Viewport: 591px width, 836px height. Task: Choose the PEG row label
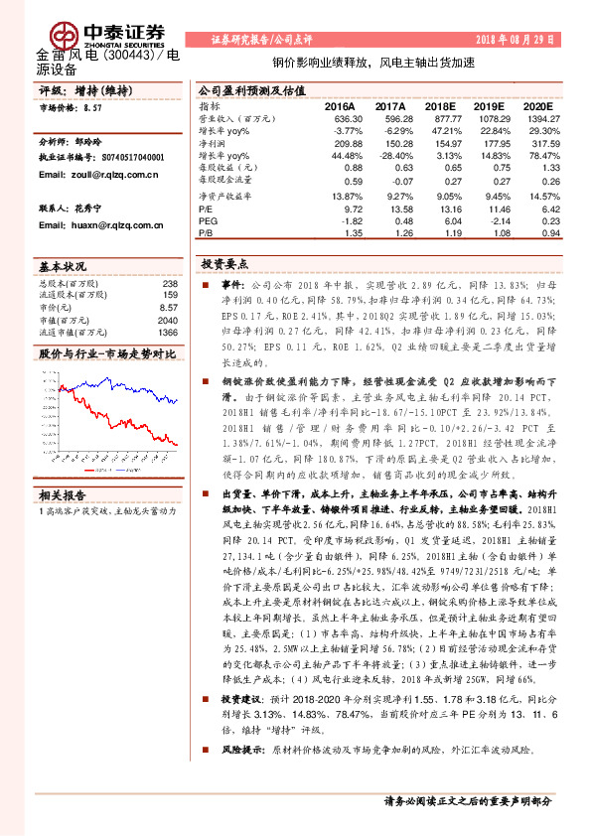point(206,222)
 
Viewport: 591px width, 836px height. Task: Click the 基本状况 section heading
point(61,268)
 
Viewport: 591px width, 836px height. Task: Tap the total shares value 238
point(170,283)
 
